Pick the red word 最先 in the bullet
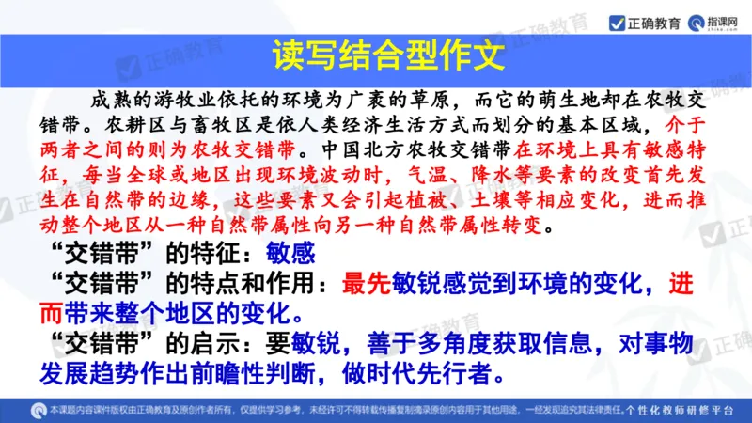point(365,283)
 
